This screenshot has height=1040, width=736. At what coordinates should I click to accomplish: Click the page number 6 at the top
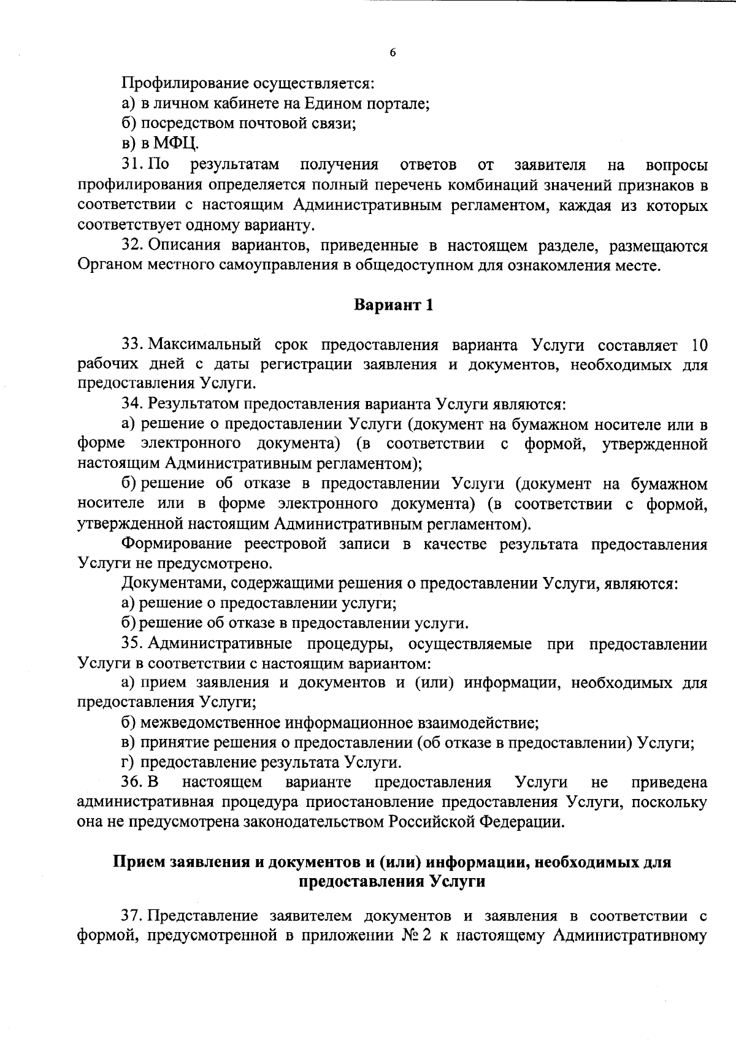[x=393, y=53]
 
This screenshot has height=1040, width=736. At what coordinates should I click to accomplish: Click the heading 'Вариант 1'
[x=394, y=305]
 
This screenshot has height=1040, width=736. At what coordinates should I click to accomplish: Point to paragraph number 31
[x=132, y=164]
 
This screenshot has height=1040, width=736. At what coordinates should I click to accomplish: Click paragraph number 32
[x=132, y=246]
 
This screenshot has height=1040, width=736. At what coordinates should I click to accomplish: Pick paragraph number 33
[x=132, y=345]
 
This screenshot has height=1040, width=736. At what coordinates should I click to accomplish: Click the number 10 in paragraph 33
[x=699, y=345]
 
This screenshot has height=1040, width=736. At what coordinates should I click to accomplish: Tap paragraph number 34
[x=132, y=404]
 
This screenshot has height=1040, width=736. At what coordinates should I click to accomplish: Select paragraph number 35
[x=132, y=644]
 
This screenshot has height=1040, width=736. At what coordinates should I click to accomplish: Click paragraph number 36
[x=131, y=782]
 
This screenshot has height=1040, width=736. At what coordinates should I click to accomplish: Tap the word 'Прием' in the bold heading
[x=138, y=862]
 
